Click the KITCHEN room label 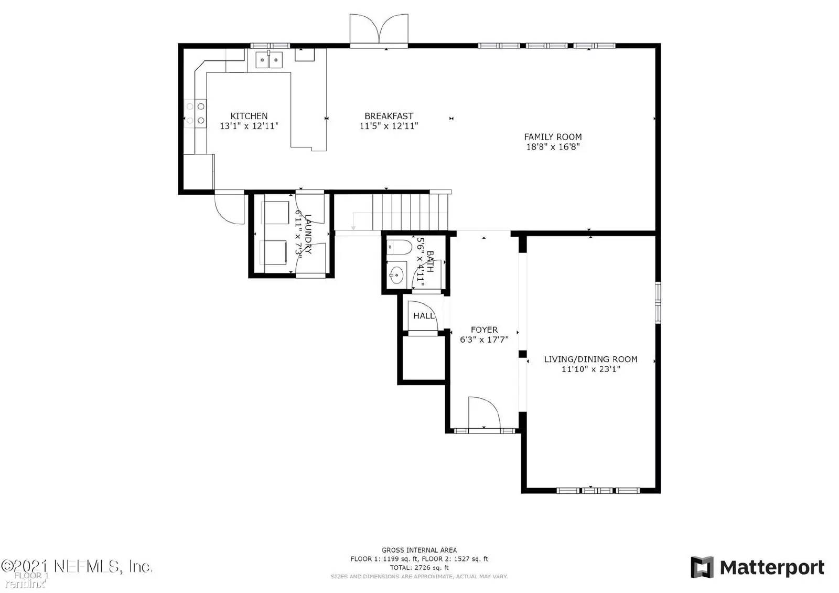tap(249, 116)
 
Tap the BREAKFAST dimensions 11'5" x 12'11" tap(389, 126)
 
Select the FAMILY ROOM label tap(553, 137)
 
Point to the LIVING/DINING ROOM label tap(590, 359)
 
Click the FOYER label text tap(484, 330)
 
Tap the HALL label tap(424, 316)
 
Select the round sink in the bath tap(397, 274)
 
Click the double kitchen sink tap(269, 60)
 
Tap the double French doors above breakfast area tap(379, 30)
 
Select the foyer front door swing tap(483, 413)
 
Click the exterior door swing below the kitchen tap(229, 208)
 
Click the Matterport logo tap(757, 568)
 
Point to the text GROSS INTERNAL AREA tap(419, 550)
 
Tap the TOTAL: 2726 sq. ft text tap(419, 568)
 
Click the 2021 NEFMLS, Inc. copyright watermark tap(77, 567)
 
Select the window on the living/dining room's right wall tap(658, 302)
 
